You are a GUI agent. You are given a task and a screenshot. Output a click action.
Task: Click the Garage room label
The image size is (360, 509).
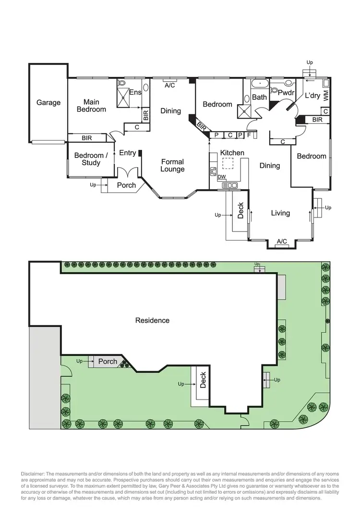pyautogui.click(x=48, y=102)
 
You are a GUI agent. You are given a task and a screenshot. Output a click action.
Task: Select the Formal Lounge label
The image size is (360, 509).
pyautogui.click(x=172, y=166)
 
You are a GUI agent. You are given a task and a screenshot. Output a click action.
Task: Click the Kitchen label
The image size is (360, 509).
pyautogui.click(x=232, y=153)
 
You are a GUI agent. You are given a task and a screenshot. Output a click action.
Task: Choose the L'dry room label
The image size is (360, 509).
pyautogui.click(x=312, y=96)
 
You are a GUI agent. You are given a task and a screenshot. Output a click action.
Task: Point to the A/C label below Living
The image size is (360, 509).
pyautogui.click(x=282, y=241)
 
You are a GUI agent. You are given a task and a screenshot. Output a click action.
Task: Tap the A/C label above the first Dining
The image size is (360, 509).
pyautogui.click(x=169, y=85)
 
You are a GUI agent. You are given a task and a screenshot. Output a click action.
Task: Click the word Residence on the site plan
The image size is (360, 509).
pyautogui.click(x=152, y=320)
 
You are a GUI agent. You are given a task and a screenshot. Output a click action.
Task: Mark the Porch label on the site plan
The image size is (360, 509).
pyautogui.click(x=108, y=361)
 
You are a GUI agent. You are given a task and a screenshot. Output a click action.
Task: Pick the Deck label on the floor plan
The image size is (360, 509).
pyautogui.click(x=240, y=209)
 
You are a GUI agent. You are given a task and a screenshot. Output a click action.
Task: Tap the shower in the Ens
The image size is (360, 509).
pyautogui.click(x=124, y=99)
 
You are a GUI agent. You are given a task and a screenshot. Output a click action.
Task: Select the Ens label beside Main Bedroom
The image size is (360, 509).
pyautogui.click(x=135, y=92)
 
